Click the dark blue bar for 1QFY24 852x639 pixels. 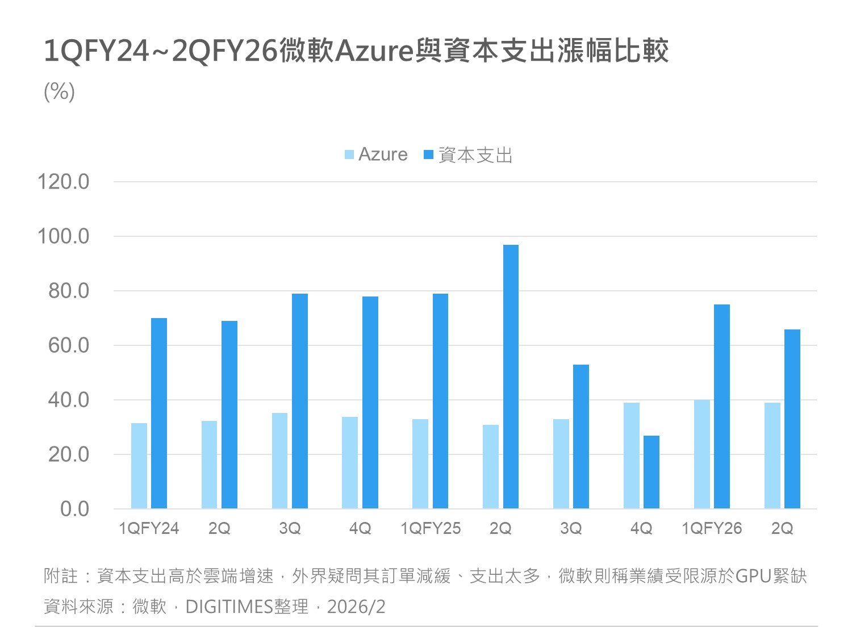[x=159, y=413]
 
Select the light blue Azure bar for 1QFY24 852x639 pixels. [x=139, y=466]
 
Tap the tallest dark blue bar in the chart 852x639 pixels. [x=511, y=377]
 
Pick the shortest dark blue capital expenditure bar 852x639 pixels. [x=651, y=472]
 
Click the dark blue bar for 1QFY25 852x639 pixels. [x=440, y=401]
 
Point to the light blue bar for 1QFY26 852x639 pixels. [x=702, y=454]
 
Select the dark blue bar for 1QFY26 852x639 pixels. [x=722, y=407]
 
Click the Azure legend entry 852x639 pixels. [x=377, y=154]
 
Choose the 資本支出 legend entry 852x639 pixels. [x=469, y=154]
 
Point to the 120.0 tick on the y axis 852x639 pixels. [x=63, y=182]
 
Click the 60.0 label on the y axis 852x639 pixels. [x=69, y=345]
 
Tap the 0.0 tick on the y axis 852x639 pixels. [x=74, y=509]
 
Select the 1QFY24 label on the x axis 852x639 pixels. [x=149, y=528]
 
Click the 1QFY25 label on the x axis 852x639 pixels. [x=431, y=528]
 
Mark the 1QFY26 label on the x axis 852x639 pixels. [x=712, y=528]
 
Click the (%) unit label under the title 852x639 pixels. [x=59, y=91]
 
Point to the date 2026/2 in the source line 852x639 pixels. [x=356, y=607]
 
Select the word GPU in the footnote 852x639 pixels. [x=753, y=576]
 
